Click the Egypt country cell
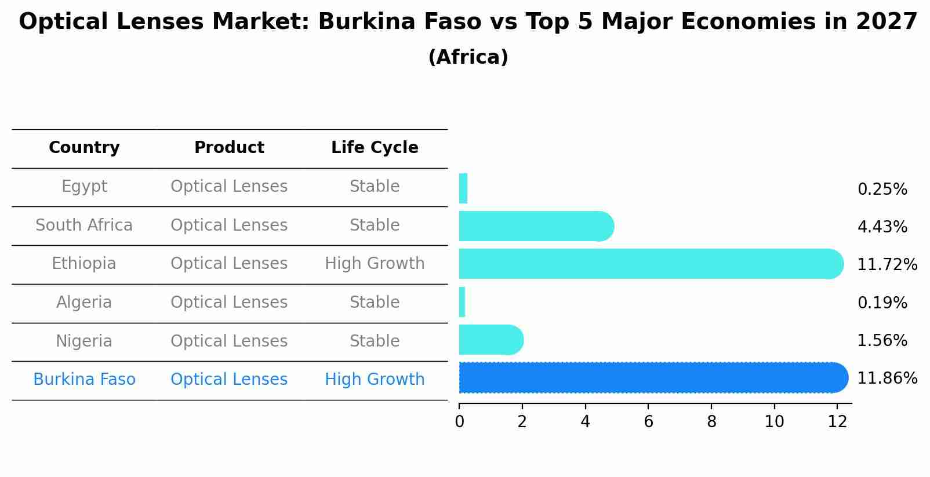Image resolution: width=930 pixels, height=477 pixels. tap(84, 187)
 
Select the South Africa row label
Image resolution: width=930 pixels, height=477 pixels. tap(84, 225)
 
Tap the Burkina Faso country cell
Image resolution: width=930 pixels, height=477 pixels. tap(84, 380)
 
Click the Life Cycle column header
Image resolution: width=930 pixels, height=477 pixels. tap(375, 148)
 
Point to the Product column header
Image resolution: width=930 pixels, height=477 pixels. tap(229, 148)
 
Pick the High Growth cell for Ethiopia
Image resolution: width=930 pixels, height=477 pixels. tap(375, 264)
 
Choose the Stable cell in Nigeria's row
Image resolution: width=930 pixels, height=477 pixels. tap(375, 341)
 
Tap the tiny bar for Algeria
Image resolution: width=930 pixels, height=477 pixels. tap(462, 302)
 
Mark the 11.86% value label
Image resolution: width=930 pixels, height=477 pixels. tap(887, 378)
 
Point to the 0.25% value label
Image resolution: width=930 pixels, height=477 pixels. tap(882, 190)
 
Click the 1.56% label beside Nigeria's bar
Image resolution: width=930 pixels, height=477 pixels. tap(882, 341)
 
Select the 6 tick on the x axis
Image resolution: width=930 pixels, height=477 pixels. tap(648, 422)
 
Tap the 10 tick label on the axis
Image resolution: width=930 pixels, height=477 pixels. tap(774, 422)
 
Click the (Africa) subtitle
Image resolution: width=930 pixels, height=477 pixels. tap(468, 57)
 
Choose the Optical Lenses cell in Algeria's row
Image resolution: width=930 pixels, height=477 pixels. tap(229, 303)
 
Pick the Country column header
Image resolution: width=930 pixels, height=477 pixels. tap(84, 148)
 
